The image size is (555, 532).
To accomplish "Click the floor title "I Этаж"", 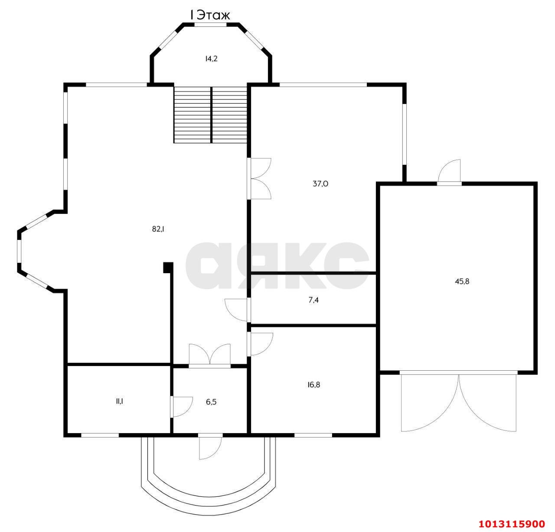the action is (x=210, y=16).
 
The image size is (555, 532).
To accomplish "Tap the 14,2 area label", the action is (x=211, y=59).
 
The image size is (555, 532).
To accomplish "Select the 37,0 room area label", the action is (x=320, y=184).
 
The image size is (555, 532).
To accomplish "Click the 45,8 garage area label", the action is (x=462, y=281).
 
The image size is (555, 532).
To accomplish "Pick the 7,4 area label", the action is (x=313, y=300).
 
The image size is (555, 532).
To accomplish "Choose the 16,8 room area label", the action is (x=313, y=385).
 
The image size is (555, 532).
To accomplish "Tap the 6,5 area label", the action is (x=211, y=402).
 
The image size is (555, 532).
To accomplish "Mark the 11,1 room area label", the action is (x=119, y=401).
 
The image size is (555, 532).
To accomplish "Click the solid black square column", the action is (x=168, y=268).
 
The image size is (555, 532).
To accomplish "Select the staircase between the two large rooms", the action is (x=210, y=114).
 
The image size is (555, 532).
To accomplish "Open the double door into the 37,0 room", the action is (x=259, y=178).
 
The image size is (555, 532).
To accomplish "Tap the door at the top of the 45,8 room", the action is (x=449, y=172).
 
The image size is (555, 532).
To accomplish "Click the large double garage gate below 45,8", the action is (x=458, y=401).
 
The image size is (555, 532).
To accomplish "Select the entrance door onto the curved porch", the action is (x=210, y=447).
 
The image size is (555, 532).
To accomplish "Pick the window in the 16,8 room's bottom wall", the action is (x=313, y=435).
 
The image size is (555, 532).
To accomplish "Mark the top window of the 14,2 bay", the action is (x=211, y=25).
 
